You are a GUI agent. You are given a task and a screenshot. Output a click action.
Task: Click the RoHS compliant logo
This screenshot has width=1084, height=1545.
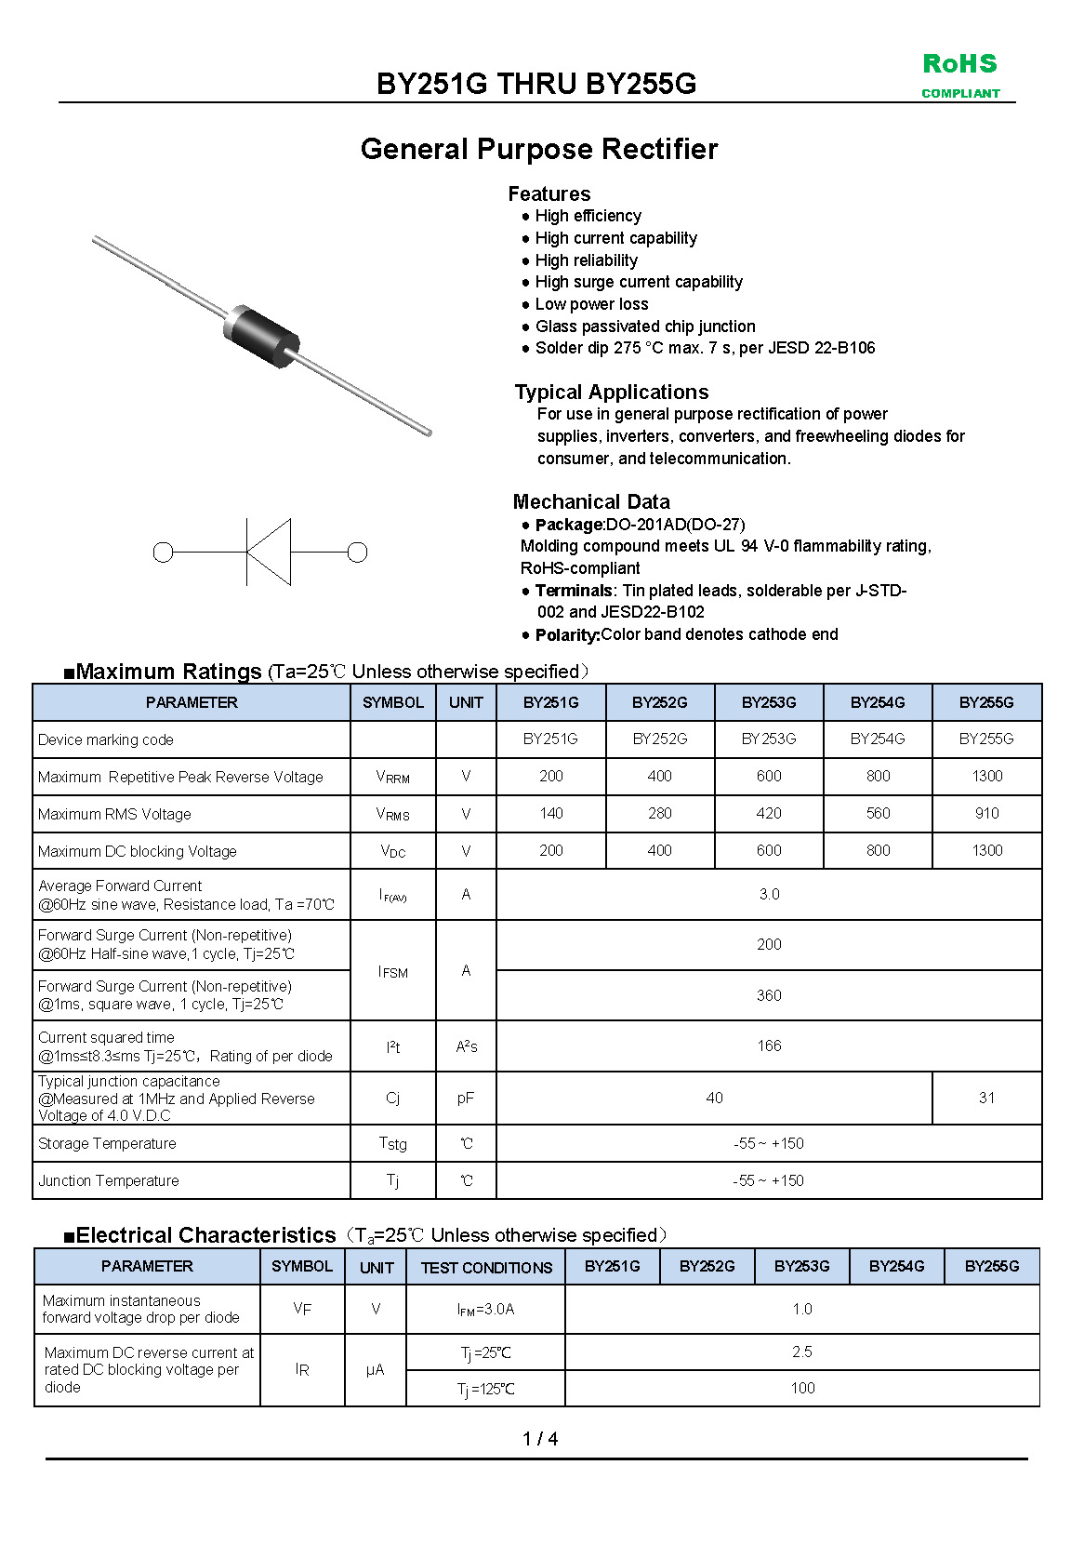pos(960,74)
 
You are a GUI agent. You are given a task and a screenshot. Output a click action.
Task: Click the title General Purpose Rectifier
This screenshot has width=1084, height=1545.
pos(539,149)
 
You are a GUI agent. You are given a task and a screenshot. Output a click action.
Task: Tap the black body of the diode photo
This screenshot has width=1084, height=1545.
pos(263,332)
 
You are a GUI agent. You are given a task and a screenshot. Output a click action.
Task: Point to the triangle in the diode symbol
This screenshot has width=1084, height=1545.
pos(270,553)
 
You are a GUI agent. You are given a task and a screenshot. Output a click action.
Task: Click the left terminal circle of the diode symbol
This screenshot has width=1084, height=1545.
pos(163,553)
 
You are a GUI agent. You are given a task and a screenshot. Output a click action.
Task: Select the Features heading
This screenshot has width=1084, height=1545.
pos(549,193)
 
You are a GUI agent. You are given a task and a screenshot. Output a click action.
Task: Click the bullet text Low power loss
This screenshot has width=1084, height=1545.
pos(591,304)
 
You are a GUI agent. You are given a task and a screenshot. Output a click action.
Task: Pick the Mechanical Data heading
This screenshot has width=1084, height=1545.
pos(590,501)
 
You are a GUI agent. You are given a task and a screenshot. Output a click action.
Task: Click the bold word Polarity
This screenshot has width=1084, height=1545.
pos(567,634)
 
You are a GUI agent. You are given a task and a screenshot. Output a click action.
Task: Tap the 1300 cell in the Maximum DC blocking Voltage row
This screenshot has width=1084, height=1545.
pos(986,850)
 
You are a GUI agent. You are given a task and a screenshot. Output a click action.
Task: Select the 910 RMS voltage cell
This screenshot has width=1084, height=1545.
pos(986,813)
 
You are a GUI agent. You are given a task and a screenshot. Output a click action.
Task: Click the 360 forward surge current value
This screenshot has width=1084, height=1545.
pos(769,995)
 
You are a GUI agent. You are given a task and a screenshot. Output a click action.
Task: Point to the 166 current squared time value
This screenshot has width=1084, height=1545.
pos(769,1046)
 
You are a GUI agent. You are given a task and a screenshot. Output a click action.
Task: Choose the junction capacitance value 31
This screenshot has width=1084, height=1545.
pos(986,1098)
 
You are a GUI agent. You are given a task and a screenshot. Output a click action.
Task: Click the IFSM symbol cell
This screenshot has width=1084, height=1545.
pos(392,971)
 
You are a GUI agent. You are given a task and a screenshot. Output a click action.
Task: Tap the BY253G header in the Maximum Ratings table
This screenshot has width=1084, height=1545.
pos(769,702)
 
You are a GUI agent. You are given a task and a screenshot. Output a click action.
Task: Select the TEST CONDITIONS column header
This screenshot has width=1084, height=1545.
pos(486,1267)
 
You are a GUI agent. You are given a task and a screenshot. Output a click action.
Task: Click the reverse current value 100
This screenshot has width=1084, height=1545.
pos(802,1388)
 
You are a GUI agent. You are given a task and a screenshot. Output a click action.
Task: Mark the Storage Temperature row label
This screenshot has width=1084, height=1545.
pos(107,1143)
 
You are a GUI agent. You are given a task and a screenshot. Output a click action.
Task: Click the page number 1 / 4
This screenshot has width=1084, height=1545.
pos(540,1439)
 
